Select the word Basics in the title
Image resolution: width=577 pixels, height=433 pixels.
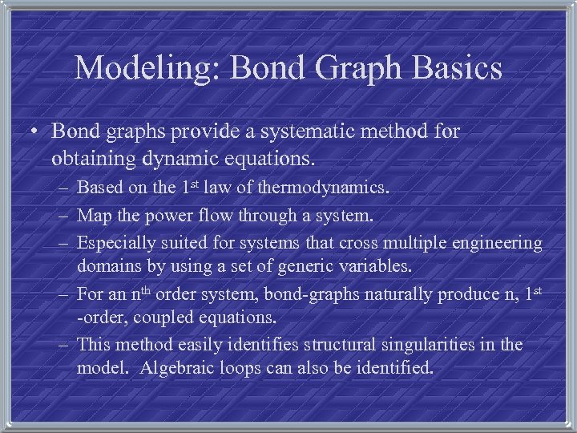click(x=452, y=69)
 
